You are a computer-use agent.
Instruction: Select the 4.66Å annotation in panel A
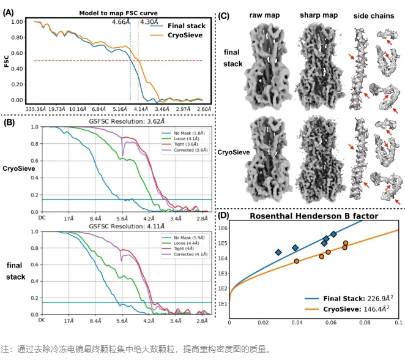pos(121,22)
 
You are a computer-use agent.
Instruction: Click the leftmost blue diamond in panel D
pos(278,252)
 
